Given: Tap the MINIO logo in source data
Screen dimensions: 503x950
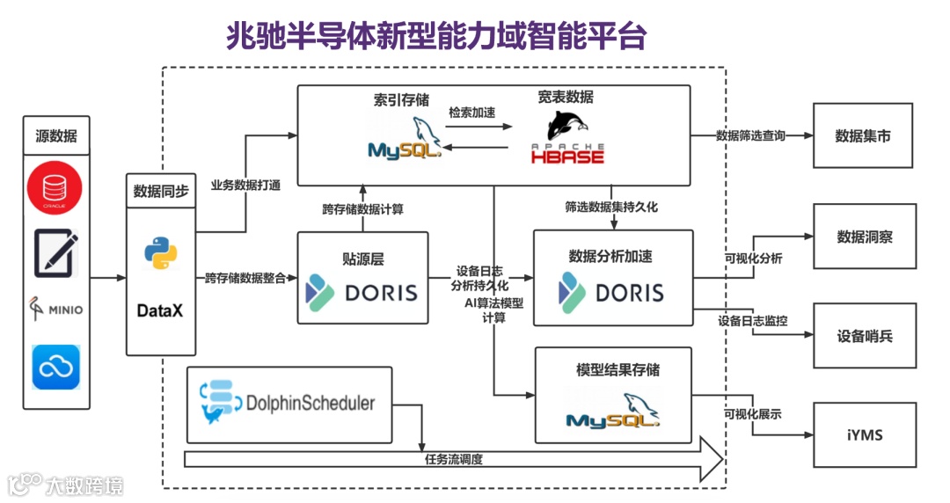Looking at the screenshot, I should [56, 309].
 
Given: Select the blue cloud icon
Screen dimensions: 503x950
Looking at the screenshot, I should [56, 367].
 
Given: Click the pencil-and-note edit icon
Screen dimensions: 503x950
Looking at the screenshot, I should [56, 251].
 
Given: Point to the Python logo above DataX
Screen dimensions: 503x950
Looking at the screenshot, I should [160, 252].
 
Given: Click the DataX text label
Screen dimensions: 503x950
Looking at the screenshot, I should [160, 310].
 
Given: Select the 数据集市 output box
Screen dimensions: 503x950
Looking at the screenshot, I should [863, 136].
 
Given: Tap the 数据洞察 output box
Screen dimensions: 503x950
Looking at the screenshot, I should [863, 237].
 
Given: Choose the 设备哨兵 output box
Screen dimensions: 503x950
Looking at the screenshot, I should [863, 336].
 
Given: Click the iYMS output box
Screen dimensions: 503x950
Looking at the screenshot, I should [863, 434].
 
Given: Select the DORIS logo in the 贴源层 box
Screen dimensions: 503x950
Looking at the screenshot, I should [362, 292].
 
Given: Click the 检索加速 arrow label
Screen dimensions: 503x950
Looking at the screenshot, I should [472, 113].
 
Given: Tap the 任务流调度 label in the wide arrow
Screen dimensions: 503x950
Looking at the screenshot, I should [453, 459].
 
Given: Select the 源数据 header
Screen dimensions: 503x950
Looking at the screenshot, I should [56, 136].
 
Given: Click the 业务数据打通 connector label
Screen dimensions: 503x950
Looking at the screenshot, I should [245, 186].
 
